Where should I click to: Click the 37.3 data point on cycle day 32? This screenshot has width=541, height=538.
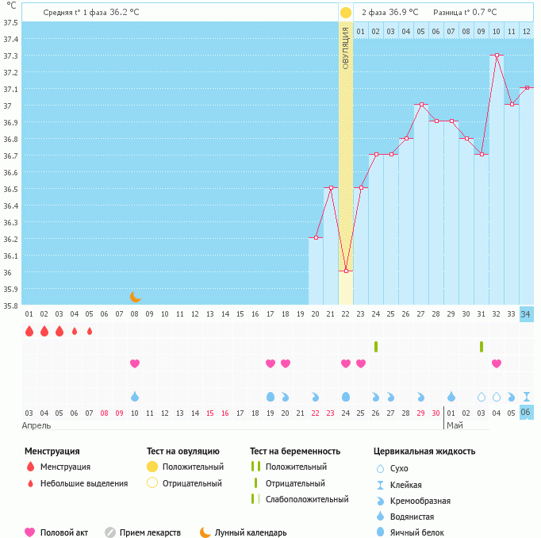[497, 56]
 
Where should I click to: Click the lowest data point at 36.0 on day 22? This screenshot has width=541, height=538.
[346, 271]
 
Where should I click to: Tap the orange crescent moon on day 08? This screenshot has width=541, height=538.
[135, 297]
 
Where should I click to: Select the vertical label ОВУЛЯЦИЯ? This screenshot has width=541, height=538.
[346, 48]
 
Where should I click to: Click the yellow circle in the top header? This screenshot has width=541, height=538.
[346, 13]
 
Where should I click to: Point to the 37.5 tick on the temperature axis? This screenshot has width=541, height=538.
[11, 22]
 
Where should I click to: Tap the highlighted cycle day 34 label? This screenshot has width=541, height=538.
[526, 314]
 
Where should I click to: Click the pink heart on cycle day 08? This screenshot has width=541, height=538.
[135, 363]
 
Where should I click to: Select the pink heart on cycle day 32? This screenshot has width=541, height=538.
[497, 363]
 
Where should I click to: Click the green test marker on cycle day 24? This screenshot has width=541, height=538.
[376, 346]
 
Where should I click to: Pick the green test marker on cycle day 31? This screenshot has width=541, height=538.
[482, 346]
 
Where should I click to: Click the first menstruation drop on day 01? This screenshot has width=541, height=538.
[29, 331]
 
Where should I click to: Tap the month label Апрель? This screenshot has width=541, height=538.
[36, 425]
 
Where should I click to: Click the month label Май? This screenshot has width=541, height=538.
[455, 425]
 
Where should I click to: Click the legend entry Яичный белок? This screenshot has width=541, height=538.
[416, 532]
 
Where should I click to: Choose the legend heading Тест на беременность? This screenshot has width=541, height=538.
[294, 451]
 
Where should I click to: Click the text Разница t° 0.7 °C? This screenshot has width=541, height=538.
[465, 13]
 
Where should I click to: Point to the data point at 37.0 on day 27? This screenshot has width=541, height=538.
[421, 105]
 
